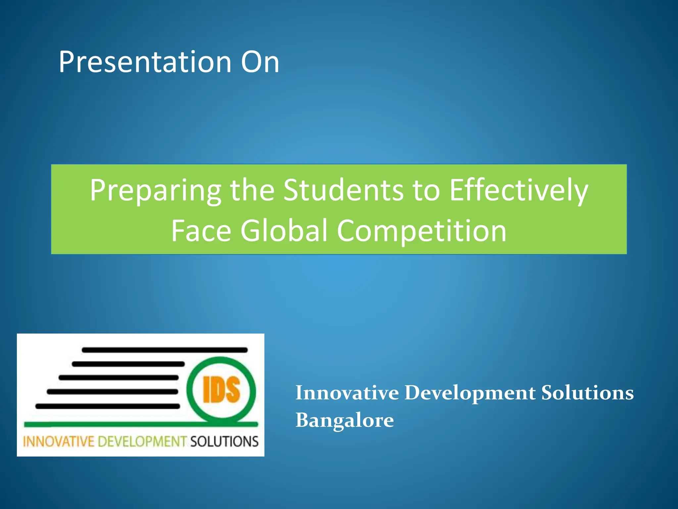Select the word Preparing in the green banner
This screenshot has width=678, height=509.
click(155, 191)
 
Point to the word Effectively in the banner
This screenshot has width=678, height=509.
click(518, 191)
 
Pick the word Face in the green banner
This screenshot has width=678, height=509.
click(201, 231)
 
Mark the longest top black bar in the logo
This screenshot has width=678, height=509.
click(165, 350)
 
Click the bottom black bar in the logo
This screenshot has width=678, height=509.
click(108, 406)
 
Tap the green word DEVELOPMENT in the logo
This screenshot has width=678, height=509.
click(142, 442)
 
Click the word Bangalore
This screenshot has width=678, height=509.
click(345, 421)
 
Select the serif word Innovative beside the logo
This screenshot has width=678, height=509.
click(347, 393)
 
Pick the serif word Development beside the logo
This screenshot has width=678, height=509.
click(470, 394)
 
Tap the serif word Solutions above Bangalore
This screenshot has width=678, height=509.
click(587, 393)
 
